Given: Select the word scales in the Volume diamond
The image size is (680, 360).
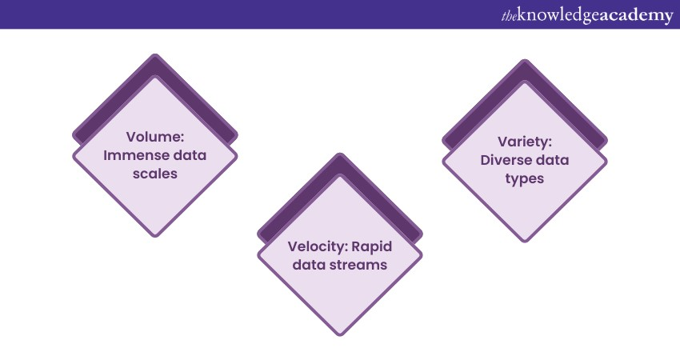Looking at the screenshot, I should coord(154,174).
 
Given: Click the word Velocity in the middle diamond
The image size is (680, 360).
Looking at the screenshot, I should coord(313,246).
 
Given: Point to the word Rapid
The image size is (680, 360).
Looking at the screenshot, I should coord(367,246).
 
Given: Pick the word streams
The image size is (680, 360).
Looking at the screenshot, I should coord(362,265).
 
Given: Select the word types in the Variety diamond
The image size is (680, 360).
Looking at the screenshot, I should coord(524,178).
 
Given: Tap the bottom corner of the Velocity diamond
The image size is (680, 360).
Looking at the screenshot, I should coord(339,334).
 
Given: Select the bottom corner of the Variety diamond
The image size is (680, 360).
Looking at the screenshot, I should coord(525,240).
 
